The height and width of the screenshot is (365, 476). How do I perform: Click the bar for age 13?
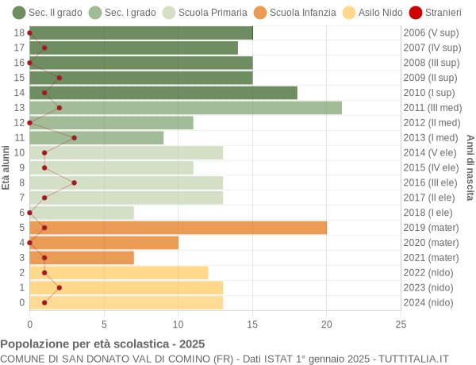[186, 108]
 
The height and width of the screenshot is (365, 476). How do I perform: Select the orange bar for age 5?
[178, 228]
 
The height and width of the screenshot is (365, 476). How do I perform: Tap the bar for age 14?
[163, 93]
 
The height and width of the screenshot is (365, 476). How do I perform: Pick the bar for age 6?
[82, 213]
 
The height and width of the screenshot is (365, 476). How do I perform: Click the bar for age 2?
[119, 273]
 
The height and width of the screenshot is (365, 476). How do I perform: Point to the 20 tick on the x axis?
[327, 324]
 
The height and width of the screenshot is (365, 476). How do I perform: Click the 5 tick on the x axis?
[104, 324]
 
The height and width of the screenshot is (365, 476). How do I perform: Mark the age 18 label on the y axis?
[19, 33]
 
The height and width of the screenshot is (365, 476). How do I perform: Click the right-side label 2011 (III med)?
[432, 108]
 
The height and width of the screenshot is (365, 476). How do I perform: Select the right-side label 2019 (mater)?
[431, 228]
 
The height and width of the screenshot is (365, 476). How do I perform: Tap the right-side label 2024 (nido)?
[428, 302]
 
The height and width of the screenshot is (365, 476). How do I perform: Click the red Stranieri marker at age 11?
[74, 137]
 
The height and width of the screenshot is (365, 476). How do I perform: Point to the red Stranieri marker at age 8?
[74, 182]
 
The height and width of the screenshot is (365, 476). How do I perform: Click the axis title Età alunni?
[6, 167]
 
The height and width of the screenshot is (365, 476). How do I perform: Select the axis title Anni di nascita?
[470, 167]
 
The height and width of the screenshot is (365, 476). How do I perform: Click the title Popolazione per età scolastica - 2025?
[102, 344]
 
